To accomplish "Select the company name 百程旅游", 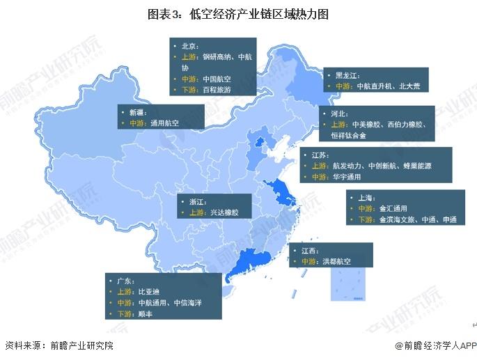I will (216, 90).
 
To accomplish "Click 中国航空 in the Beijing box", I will (216, 79).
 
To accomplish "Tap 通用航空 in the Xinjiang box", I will (164, 123).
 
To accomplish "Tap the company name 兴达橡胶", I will (223, 212).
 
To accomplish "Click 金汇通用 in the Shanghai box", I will (392, 208).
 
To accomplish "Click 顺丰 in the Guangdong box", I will (145, 314).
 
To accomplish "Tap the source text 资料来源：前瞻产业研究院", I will (58, 345).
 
